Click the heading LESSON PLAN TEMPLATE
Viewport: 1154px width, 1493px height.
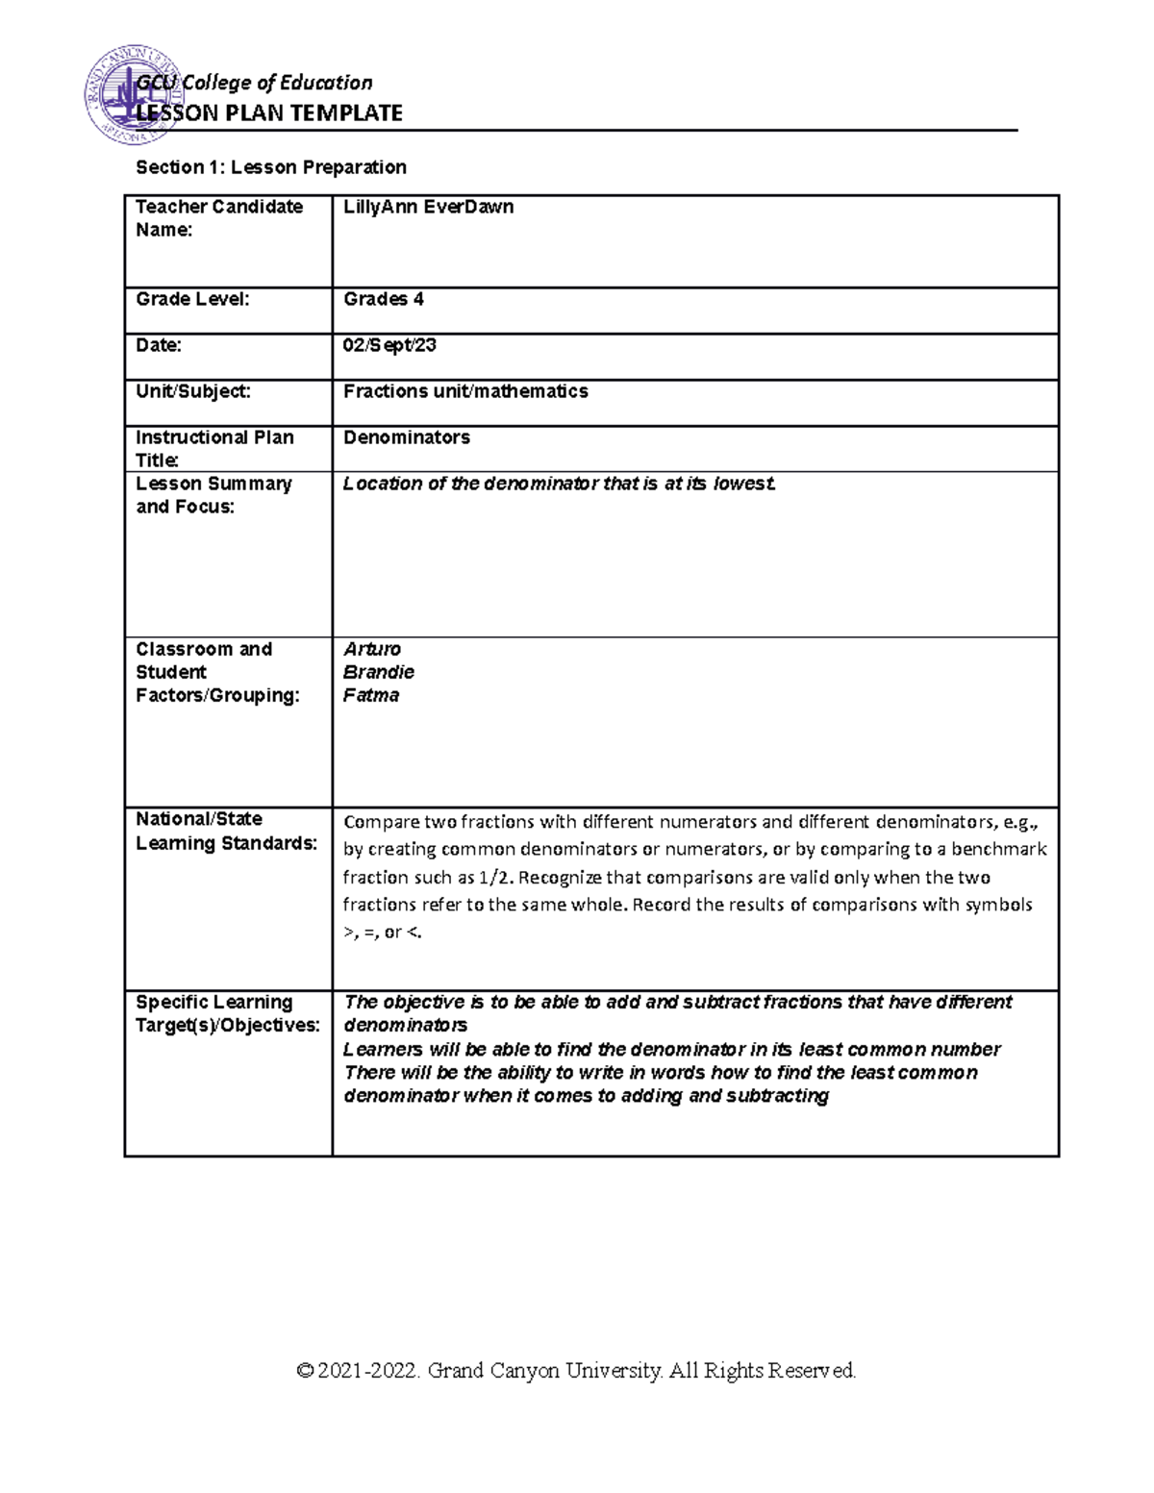point(269,113)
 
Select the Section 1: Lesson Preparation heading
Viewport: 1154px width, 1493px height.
point(271,167)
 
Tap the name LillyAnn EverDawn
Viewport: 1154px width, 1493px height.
point(428,207)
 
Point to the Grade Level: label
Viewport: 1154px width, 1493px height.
point(192,299)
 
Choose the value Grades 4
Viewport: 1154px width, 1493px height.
point(384,299)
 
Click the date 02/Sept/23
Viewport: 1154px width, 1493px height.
point(389,345)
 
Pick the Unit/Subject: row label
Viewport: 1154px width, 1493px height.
point(193,391)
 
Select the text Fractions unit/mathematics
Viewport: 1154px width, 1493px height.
point(465,391)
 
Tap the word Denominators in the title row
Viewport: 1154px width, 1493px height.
point(407,437)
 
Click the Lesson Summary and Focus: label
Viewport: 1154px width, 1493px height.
point(213,495)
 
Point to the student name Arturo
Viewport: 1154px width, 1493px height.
point(372,649)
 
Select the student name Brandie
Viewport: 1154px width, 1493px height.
point(379,672)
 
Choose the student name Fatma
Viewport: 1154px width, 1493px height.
point(371,695)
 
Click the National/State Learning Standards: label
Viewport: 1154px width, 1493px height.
point(226,832)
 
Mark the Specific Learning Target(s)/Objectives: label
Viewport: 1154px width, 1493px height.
point(228,1013)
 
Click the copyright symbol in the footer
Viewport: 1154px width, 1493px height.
point(306,1371)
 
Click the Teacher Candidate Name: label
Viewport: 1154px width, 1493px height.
point(219,218)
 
